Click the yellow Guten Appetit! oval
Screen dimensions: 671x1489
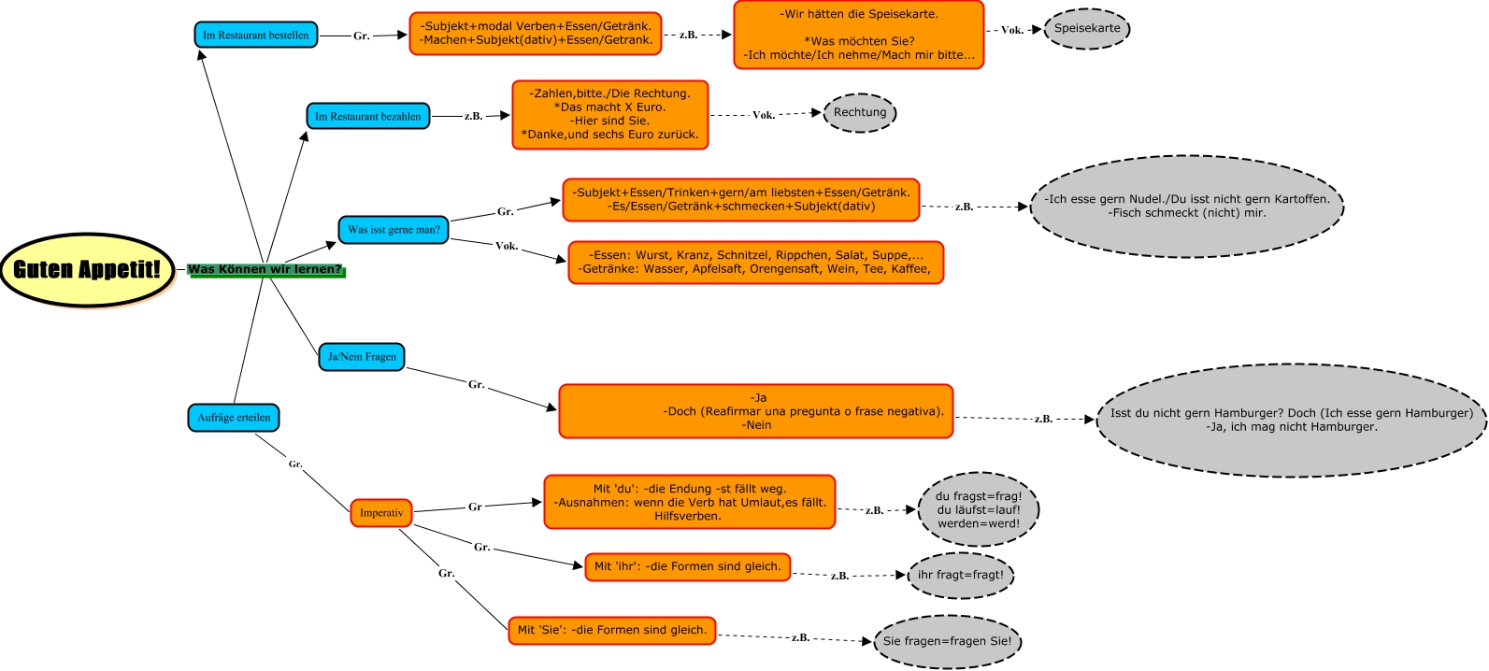87,269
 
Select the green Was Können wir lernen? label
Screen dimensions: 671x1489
265,270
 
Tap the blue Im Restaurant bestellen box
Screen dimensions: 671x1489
256,36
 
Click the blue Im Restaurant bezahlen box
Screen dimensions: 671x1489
367,116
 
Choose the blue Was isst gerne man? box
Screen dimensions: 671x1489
394,230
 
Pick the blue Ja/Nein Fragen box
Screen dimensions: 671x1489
362,357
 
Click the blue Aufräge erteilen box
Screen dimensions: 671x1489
234,418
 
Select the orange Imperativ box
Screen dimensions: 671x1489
381,513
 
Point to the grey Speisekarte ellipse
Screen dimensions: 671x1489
1086,29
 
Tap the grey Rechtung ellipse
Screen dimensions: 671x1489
860,113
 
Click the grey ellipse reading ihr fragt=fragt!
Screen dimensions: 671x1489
960,575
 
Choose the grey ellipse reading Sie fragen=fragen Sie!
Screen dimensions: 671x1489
947,641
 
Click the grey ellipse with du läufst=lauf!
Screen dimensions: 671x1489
979,509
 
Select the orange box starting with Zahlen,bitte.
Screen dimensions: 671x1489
610,114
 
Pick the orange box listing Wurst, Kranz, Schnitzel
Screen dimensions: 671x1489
755,263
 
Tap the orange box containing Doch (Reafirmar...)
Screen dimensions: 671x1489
755,411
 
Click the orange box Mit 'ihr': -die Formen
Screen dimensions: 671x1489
688,567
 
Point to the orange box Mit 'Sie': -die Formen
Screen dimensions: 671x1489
612,631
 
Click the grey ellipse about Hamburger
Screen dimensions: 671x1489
1291,421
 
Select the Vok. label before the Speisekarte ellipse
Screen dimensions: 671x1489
1011,31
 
